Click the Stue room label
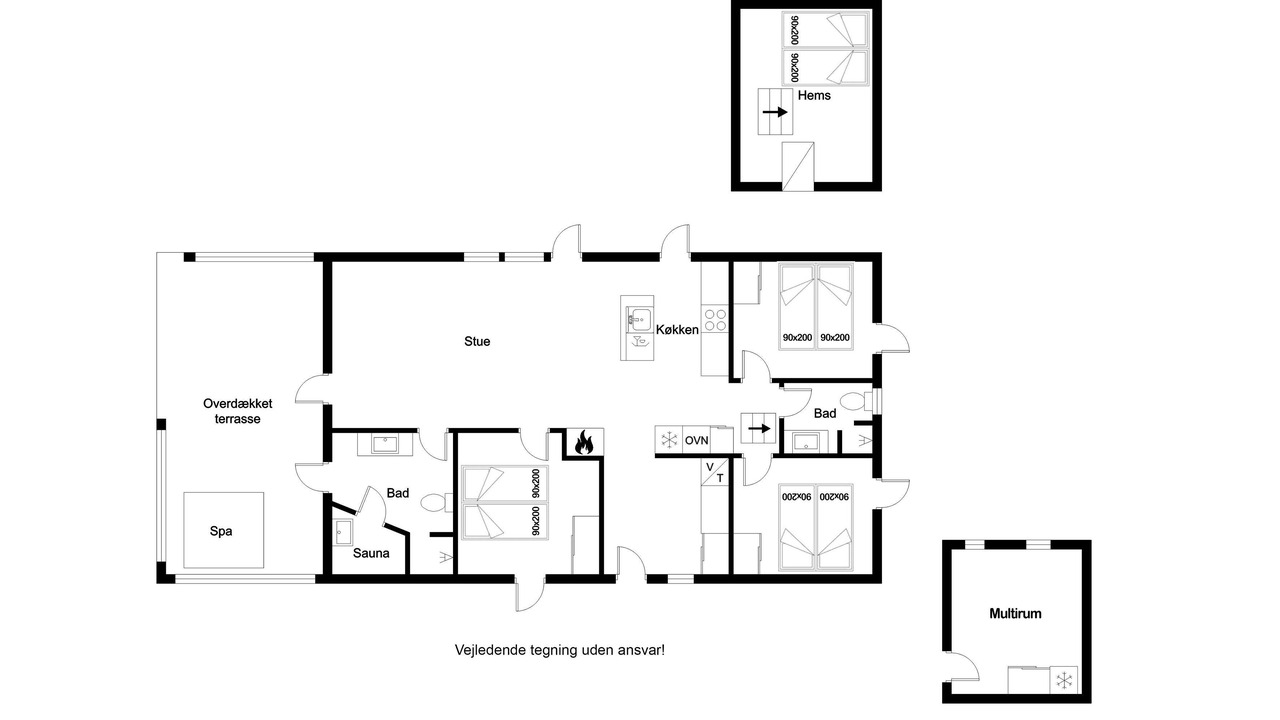[x=477, y=342]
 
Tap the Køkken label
[x=677, y=330]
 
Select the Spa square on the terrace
[x=223, y=530]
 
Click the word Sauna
[x=371, y=553]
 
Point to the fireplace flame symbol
[x=583, y=442]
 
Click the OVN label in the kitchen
[x=697, y=441]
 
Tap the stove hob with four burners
[x=715, y=320]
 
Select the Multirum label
[x=1015, y=614]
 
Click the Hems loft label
[x=814, y=95]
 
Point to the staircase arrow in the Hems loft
[x=775, y=112]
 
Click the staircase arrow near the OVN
[x=759, y=429]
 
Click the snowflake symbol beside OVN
[x=669, y=440]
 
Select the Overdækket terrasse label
[x=238, y=411]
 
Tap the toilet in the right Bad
[x=856, y=401]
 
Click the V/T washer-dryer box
[x=715, y=472]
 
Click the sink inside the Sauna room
[x=343, y=532]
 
